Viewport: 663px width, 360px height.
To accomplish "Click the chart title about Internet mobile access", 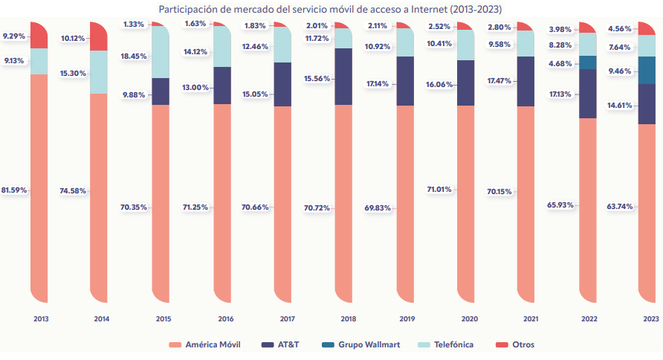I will pyautogui.click(x=331, y=8).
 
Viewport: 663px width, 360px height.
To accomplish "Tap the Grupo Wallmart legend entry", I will pyautogui.click(x=369, y=344).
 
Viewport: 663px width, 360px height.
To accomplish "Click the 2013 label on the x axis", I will pyautogui.click(x=41, y=319).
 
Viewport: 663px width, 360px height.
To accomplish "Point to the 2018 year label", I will pyautogui.click(x=348, y=319).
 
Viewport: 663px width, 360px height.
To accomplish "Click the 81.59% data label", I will pyautogui.click(x=14, y=190).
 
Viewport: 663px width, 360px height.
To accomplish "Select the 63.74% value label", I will pyautogui.click(x=620, y=206).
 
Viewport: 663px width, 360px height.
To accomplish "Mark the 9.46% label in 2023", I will pyautogui.click(x=620, y=71).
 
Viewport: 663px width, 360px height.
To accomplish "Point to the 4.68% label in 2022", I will pyautogui.click(x=560, y=63).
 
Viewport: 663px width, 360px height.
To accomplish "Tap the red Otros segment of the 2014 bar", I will pyautogui.click(x=99, y=36).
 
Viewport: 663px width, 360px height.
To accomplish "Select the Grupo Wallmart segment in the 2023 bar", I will pyautogui.click(x=647, y=71).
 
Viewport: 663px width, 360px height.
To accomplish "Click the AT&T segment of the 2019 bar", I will pyautogui.click(x=405, y=81).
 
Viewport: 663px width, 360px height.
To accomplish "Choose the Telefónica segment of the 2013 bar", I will pyautogui.click(x=39, y=61).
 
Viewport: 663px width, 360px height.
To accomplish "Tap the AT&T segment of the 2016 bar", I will pyautogui.click(x=222, y=86).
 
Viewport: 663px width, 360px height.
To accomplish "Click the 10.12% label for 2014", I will pyautogui.click(x=74, y=38).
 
